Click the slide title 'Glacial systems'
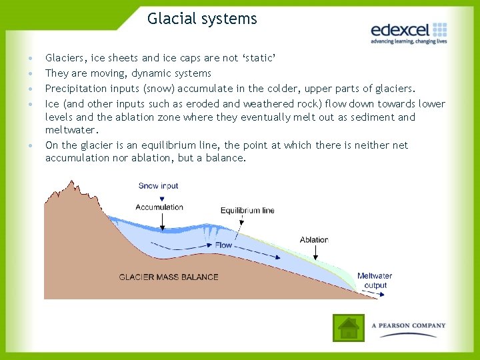[202, 19]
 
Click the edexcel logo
[408, 30]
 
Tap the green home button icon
[348, 327]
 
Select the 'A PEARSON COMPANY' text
[409, 326]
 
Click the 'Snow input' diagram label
[159, 186]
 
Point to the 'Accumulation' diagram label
[159, 207]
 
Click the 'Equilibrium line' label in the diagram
[247, 211]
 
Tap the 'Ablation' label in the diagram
[314, 240]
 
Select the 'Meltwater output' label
[375, 281]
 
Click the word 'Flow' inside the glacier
[223, 245]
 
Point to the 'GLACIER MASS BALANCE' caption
[169, 277]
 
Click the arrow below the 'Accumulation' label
[160, 222]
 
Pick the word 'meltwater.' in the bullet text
[71, 130]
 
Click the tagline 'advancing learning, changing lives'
[408, 41]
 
